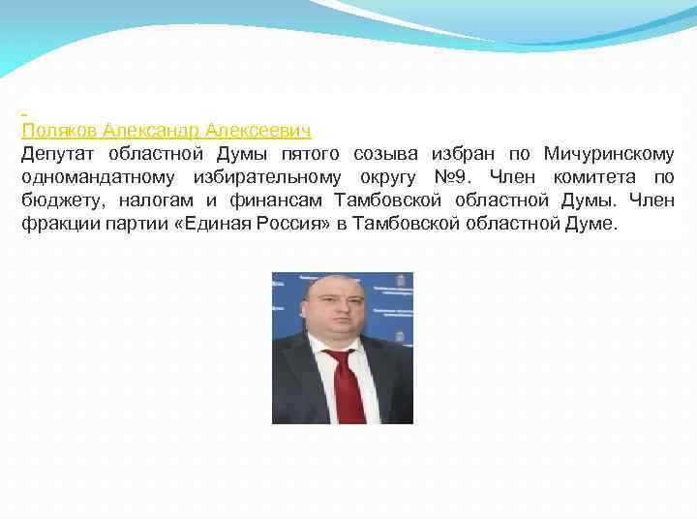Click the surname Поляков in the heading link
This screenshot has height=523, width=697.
pos(60,130)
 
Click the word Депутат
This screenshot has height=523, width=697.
pos(61,154)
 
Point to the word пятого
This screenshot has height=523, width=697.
pos(312,154)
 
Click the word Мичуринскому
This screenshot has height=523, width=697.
pos(609,154)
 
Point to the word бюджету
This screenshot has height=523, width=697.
pos(57,200)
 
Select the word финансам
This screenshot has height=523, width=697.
pos(276,200)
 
